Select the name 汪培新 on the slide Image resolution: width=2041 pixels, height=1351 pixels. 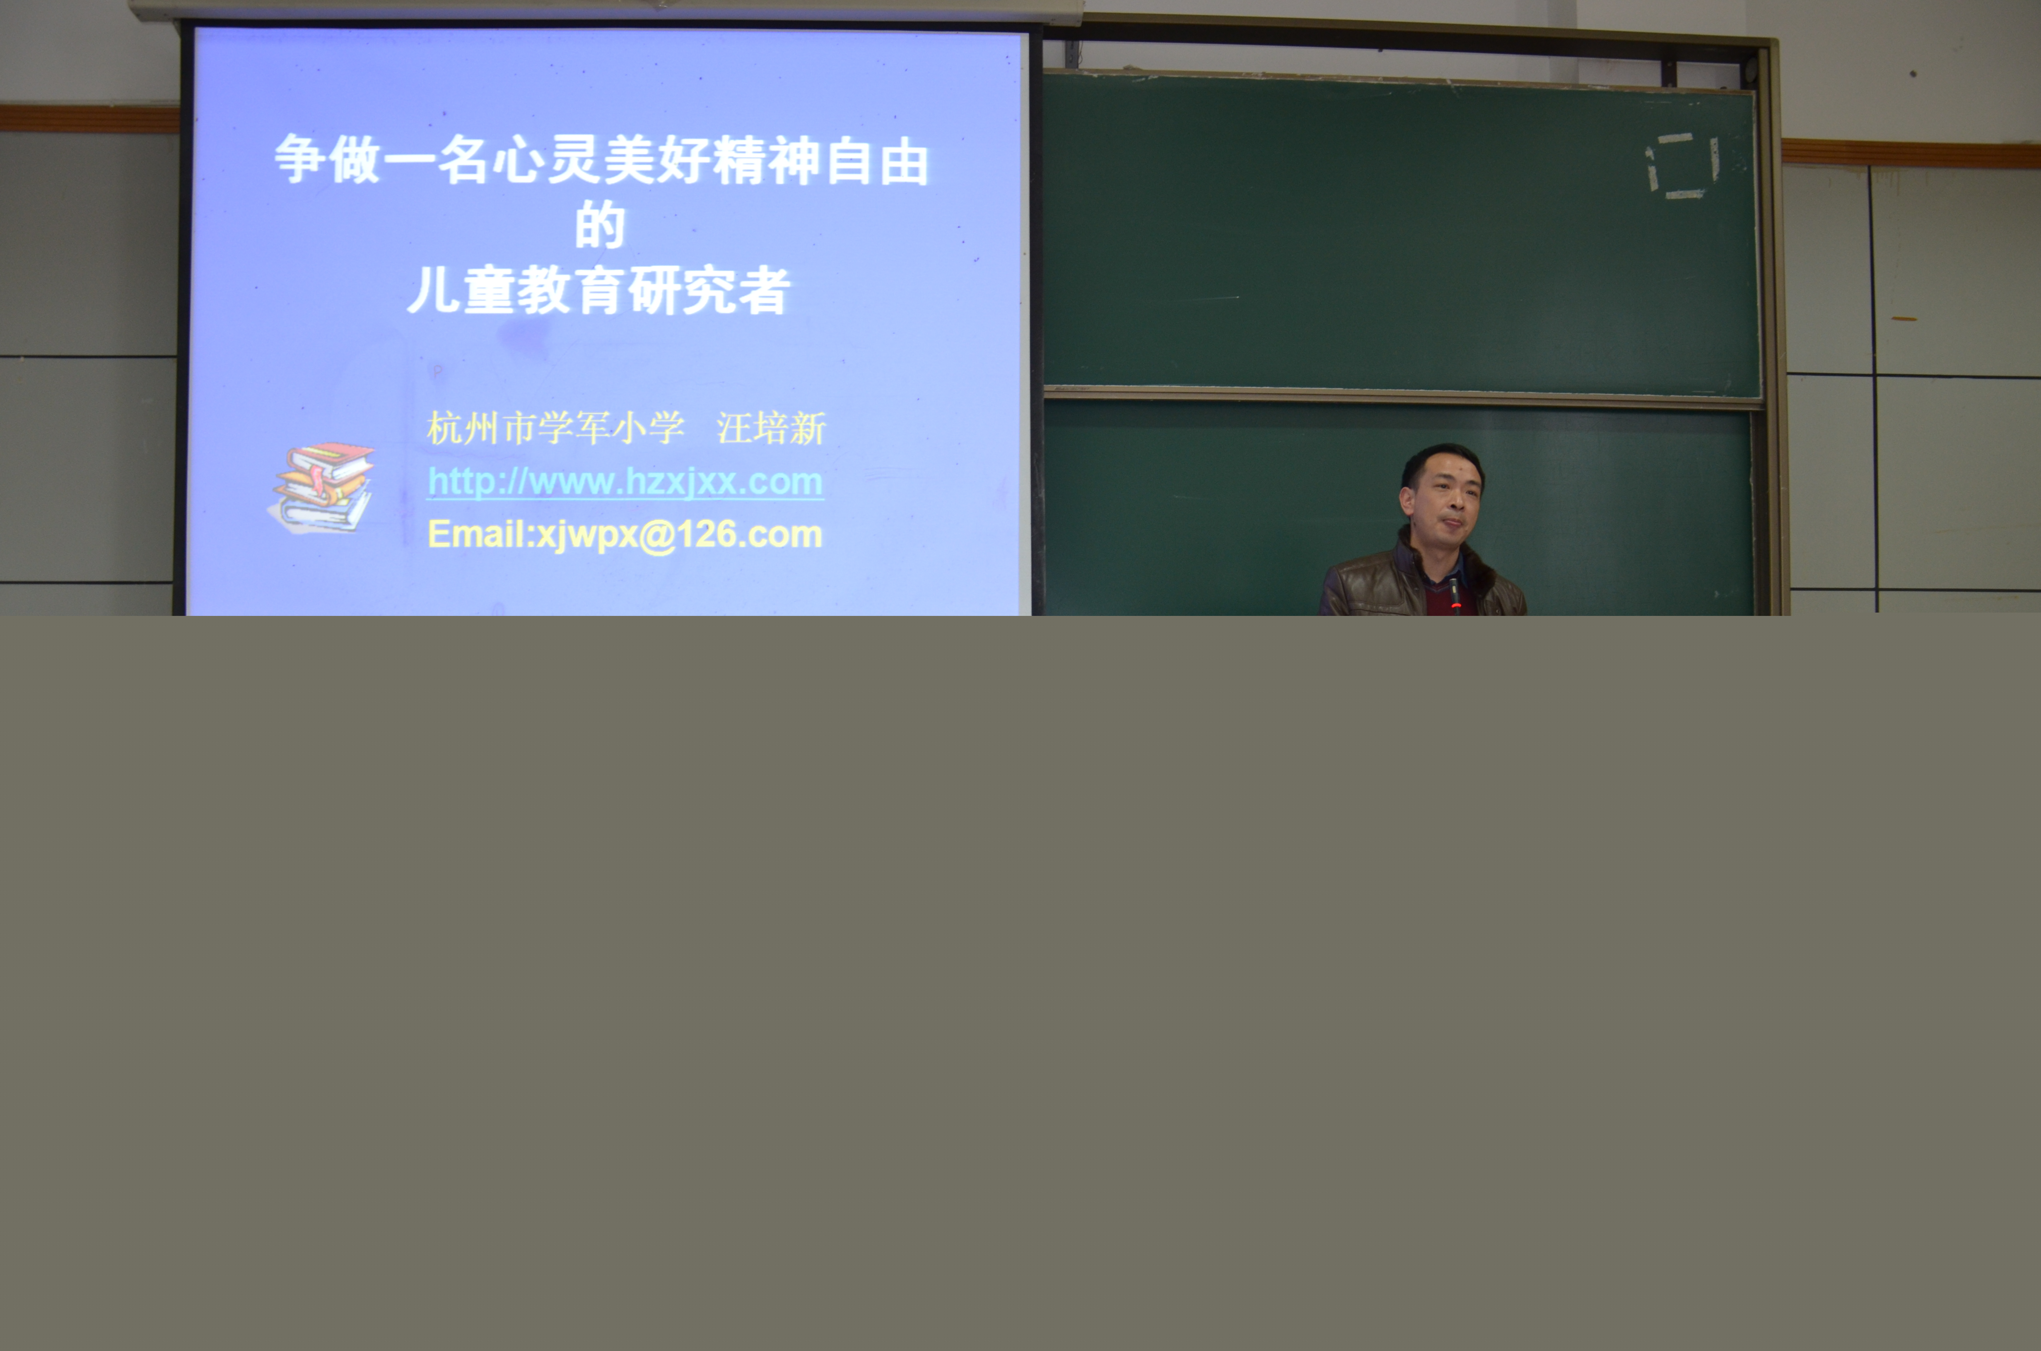772,428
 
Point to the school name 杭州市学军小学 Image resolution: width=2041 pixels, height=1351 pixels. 556,428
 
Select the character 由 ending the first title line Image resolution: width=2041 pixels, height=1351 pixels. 904,161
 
